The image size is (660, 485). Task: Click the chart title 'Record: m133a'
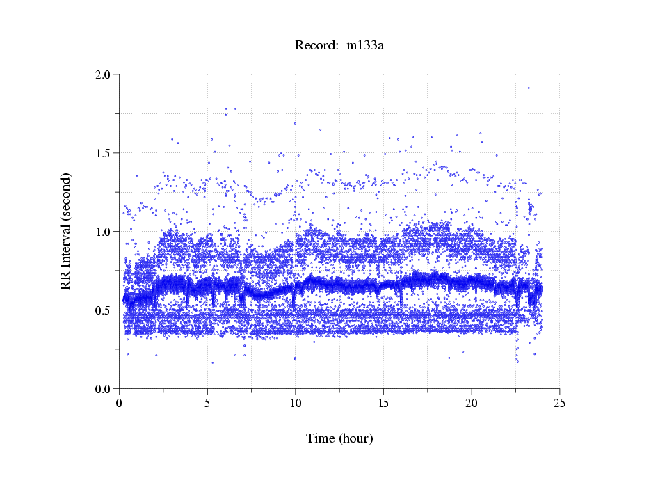pyautogui.click(x=339, y=46)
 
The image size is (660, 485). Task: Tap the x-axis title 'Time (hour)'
pyautogui.click(x=339, y=438)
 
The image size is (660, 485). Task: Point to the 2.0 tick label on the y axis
pyautogui.click(x=104, y=74)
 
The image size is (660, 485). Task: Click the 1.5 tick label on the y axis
pyautogui.click(x=104, y=152)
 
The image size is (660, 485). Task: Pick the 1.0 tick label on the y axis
pyautogui.click(x=104, y=231)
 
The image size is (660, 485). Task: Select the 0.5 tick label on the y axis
pyautogui.click(x=104, y=310)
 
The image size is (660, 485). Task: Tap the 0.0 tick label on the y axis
pyautogui.click(x=104, y=388)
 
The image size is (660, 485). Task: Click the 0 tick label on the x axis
pyautogui.click(x=120, y=403)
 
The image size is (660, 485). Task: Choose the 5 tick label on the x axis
pyautogui.click(x=207, y=403)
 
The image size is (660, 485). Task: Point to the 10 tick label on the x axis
pyautogui.click(x=296, y=403)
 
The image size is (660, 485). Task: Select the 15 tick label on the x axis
pyautogui.click(x=383, y=403)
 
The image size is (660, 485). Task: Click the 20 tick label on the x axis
pyautogui.click(x=472, y=403)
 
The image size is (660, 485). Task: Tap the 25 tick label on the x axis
pyautogui.click(x=559, y=403)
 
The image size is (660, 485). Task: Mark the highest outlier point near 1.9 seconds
pyautogui.click(x=529, y=88)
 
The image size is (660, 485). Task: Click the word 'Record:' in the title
pyautogui.click(x=313, y=46)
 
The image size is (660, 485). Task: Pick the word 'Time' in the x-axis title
pyautogui.click(x=321, y=438)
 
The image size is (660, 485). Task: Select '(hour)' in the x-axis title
pyautogui.click(x=355, y=438)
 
